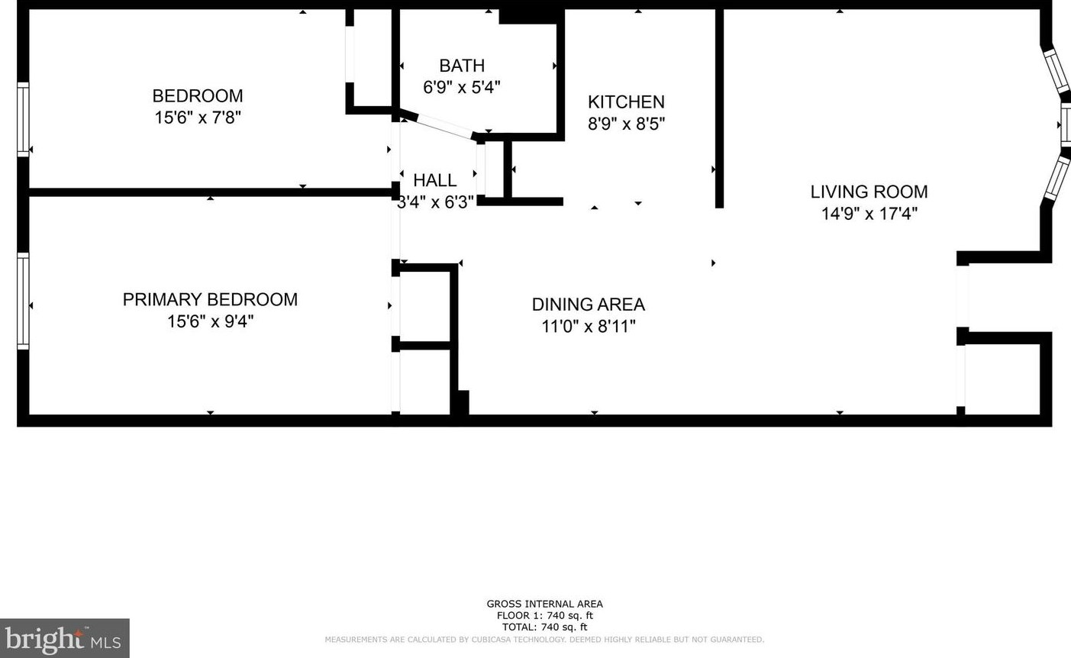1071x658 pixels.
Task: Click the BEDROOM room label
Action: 198,96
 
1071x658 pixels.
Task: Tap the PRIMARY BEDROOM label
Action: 210,299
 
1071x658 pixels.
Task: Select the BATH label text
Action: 462,66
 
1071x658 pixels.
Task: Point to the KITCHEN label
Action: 626,102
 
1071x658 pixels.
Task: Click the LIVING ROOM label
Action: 869,192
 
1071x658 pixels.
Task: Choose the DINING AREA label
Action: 588,305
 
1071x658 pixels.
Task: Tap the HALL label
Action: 434,180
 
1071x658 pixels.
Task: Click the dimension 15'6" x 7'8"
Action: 198,118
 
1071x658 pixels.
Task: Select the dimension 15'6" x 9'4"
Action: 210,321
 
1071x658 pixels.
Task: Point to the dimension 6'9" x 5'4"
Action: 462,87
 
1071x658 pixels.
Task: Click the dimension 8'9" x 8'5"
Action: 626,124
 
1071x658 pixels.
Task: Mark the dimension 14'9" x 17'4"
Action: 869,214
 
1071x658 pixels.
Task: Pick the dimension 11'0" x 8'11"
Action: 588,327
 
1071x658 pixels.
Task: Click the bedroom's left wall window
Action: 23,120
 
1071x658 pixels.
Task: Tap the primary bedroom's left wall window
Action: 23,301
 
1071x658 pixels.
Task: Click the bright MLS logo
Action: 64,638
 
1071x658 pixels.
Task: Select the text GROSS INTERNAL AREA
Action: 544,604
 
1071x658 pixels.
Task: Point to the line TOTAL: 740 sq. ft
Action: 544,627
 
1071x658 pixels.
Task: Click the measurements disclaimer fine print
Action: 544,640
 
